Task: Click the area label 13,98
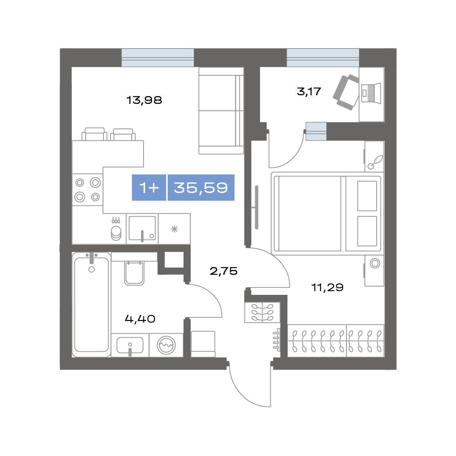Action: (144, 100)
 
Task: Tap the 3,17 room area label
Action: (309, 92)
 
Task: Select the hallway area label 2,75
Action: (224, 271)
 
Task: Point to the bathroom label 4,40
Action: (140, 319)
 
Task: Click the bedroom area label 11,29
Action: (328, 288)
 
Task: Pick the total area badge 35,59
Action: (201, 188)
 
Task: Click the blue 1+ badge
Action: (149, 188)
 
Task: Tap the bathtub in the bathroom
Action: (91, 305)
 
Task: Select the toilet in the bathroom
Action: (135, 273)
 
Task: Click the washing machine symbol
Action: (166, 345)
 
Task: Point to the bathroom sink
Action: (130, 346)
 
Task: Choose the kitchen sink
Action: (142, 229)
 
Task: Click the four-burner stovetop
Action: (88, 190)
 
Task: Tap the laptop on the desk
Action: (371, 93)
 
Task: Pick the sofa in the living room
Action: (221, 110)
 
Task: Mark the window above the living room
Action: (157, 58)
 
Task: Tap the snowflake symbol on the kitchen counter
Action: (174, 229)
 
